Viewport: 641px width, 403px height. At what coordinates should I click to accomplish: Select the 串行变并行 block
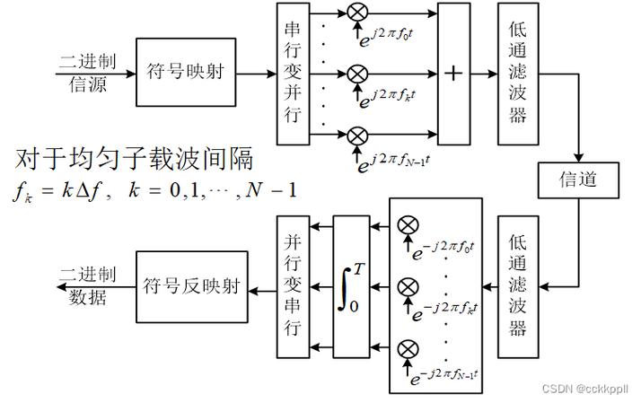292,72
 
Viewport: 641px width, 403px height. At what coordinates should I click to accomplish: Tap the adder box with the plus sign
453,73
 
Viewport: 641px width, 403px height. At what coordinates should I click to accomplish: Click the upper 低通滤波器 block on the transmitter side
516,73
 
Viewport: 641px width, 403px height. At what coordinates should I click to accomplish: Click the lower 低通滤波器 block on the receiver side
516,286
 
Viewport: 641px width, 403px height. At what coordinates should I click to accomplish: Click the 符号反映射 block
191,286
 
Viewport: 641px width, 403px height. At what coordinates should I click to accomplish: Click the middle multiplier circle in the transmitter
357,72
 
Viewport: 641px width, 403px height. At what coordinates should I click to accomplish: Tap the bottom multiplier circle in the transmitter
357,135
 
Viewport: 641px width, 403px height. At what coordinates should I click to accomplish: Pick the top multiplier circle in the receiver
408,223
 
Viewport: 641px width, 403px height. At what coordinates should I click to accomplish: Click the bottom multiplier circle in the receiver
408,347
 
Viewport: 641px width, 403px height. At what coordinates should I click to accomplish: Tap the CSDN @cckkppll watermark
588,388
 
